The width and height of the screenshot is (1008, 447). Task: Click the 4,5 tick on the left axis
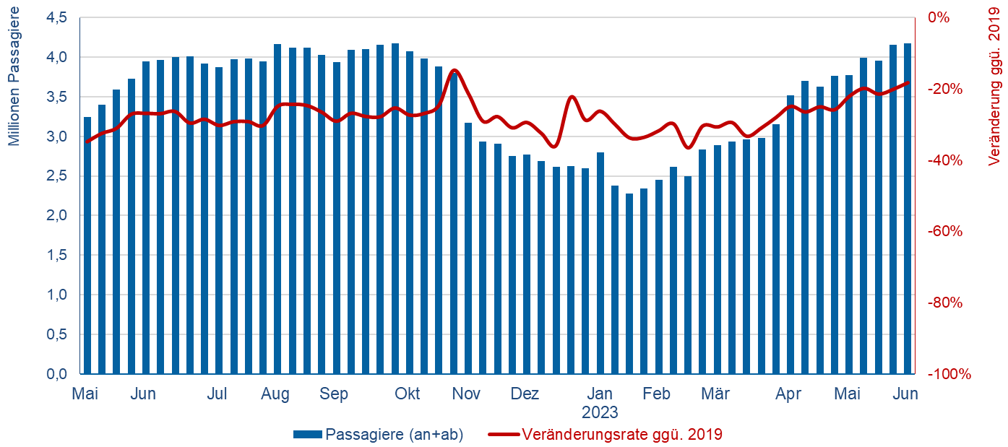pos(58,17)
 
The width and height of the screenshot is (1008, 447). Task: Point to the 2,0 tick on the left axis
pos(58,215)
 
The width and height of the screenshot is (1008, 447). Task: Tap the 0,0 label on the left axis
pos(58,374)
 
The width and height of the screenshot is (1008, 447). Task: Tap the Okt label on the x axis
pos(408,394)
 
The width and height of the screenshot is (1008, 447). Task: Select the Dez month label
pos(525,394)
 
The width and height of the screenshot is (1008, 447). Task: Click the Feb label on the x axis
pos(657,394)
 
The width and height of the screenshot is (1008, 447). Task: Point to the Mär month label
pos(715,394)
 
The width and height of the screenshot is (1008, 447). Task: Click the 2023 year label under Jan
pos(600,412)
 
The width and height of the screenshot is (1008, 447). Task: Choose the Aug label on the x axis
pos(275,394)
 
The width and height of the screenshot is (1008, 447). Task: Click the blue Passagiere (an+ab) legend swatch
pos(307,435)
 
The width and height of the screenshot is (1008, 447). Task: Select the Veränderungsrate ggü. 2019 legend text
pos(621,435)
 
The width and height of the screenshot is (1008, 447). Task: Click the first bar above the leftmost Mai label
pos(87,246)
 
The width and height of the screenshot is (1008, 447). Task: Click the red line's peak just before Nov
pos(455,70)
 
